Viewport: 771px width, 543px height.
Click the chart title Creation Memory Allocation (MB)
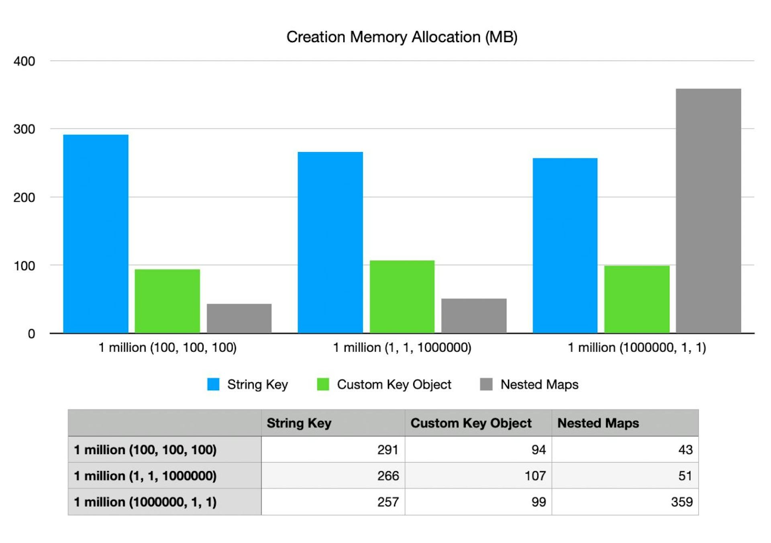[x=402, y=37]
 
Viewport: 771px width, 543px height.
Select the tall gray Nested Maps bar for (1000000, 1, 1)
[x=708, y=211]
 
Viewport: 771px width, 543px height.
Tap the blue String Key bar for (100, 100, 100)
[x=96, y=234]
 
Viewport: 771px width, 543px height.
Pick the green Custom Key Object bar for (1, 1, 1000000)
[x=402, y=297]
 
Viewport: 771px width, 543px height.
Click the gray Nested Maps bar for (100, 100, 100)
[x=239, y=318]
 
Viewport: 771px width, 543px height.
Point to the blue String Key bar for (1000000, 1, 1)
[x=565, y=245]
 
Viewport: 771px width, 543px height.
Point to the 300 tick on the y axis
[x=24, y=129]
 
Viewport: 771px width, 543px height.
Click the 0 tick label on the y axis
[x=31, y=334]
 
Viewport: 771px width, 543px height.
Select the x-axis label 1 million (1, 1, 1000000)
[x=402, y=347]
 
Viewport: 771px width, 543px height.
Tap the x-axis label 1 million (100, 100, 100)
[x=167, y=347]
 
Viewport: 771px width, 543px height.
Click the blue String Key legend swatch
[x=213, y=384]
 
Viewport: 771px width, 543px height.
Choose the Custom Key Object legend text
[x=394, y=384]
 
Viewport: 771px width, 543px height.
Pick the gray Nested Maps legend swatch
[x=486, y=384]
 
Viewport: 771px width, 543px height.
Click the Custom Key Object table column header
[x=471, y=423]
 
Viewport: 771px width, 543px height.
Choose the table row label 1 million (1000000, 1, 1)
[x=145, y=502]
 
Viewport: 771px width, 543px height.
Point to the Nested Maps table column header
[x=598, y=423]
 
